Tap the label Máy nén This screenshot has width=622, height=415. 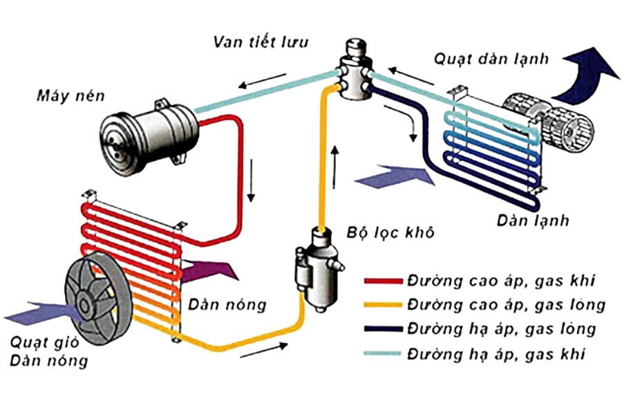[x=70, y=95]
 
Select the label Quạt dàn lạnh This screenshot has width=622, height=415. [x=491, y=58]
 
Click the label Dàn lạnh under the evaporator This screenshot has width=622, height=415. [x=531, y=221]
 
